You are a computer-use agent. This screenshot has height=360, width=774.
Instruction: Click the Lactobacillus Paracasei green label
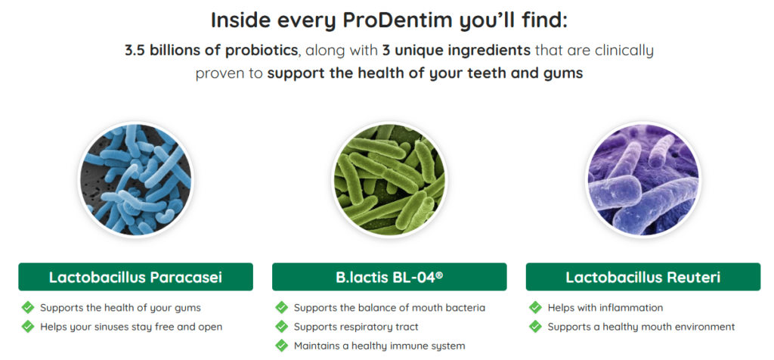[135, 277]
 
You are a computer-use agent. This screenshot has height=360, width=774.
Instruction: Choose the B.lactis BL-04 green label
[389, 277]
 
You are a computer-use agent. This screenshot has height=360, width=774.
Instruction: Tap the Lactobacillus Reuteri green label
[642, 277]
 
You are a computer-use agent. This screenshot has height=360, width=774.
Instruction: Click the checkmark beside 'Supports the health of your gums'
[28, 308]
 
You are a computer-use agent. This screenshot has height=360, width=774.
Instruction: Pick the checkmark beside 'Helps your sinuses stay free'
[28, 327]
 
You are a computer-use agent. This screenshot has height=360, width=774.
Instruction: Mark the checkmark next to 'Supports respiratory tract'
[282, 327]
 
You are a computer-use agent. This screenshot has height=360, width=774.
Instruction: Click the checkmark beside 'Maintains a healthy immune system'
[282, 346]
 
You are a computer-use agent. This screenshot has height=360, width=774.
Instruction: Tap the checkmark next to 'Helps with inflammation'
[535, 308]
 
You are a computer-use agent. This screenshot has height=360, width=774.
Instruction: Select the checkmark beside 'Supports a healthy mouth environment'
[535, 327]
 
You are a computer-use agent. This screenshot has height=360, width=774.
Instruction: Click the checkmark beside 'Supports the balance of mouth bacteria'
[282, 308]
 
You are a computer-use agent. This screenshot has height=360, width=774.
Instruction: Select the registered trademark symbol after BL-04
[439, 274]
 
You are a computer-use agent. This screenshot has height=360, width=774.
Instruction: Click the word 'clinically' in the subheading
[623, 51]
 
